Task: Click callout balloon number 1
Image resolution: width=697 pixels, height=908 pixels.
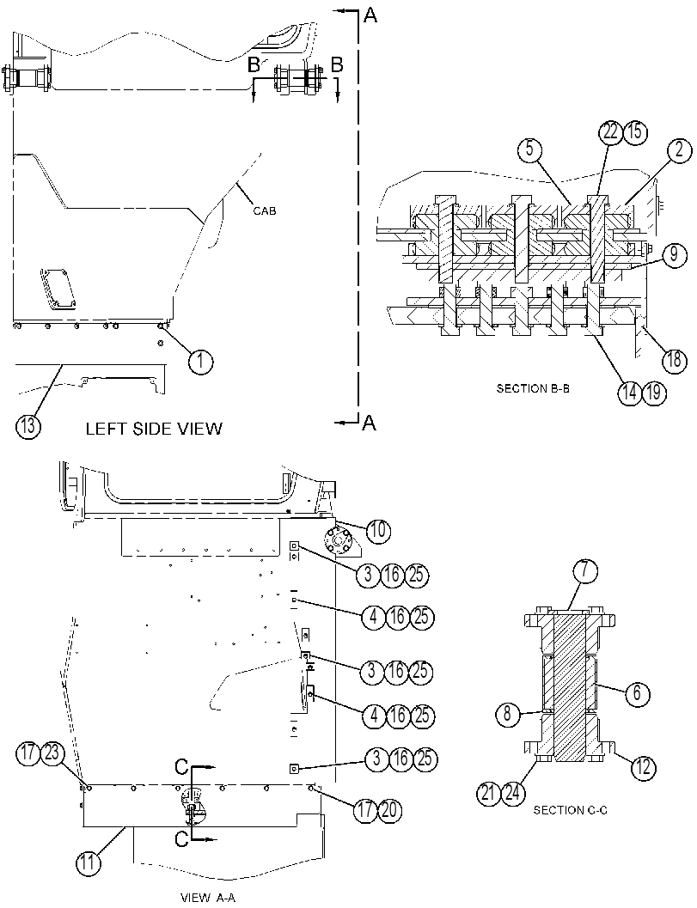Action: coord(200,362)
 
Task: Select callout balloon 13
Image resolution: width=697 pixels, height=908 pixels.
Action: coord(28,427)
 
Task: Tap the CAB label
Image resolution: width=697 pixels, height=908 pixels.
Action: coord(264,210)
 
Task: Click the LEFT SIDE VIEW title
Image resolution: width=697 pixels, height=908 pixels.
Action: coord(154,429)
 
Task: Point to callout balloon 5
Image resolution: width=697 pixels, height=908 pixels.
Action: coord(529,150)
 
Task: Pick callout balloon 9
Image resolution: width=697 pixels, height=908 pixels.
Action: coord(674,256)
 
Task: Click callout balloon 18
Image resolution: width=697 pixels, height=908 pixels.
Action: coord(674,359)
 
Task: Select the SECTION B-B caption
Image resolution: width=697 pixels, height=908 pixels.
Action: coord(533,388)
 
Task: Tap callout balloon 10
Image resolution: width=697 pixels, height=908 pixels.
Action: coord(378,530)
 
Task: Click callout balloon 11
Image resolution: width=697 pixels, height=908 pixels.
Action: coord(88,862)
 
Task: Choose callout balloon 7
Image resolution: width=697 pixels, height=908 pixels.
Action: coord(585,570)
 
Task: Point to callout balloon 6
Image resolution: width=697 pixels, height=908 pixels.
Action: coord(638,692)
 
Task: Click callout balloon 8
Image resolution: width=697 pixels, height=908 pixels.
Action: coord(508,713)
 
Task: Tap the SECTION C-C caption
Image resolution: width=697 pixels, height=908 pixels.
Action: coord(570,810)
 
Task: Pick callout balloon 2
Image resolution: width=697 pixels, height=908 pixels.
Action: coord(679,150)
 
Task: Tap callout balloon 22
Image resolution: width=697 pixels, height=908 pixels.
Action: coord(610,132)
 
